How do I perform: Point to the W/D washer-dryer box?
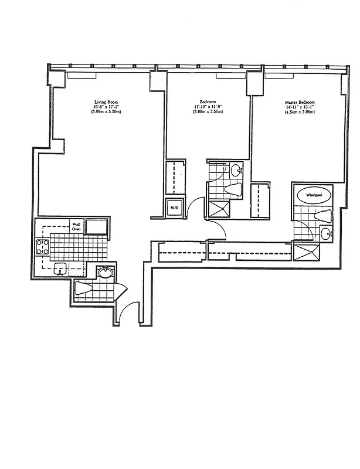[175, 208]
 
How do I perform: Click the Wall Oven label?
[76, 226]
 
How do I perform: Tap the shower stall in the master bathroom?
[307, 253]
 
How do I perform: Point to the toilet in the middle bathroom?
[233, 189]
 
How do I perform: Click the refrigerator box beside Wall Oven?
[97, 226]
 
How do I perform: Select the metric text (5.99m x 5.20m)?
[106, 111]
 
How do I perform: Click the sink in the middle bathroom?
[235, 171]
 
